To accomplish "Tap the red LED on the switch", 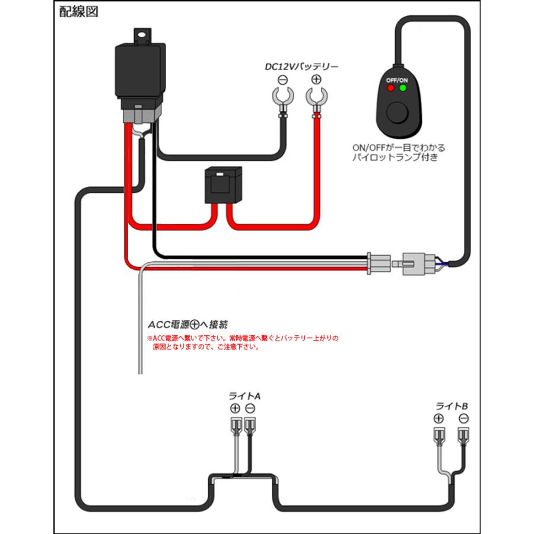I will pyautogui.click(x=390, y=88).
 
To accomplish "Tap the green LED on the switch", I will pyautogui.click(x=403, y=88).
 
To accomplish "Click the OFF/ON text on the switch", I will pyautogui.click(x=397, y=80).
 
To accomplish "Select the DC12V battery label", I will pyautogui.click(x=301, y=66).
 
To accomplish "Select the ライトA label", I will pyautogui.click(x=244, y=396).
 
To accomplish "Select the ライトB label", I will pyautogui.click(x=452, y=406).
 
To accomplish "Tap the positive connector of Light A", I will pyautogui.click(x=236, y=425).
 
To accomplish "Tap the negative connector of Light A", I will pyautogui.click(x=250, y=425).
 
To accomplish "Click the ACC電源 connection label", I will pyautogui.click(x=187, y=325).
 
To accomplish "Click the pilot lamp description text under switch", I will pyautogui.click(x=398, y=152).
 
